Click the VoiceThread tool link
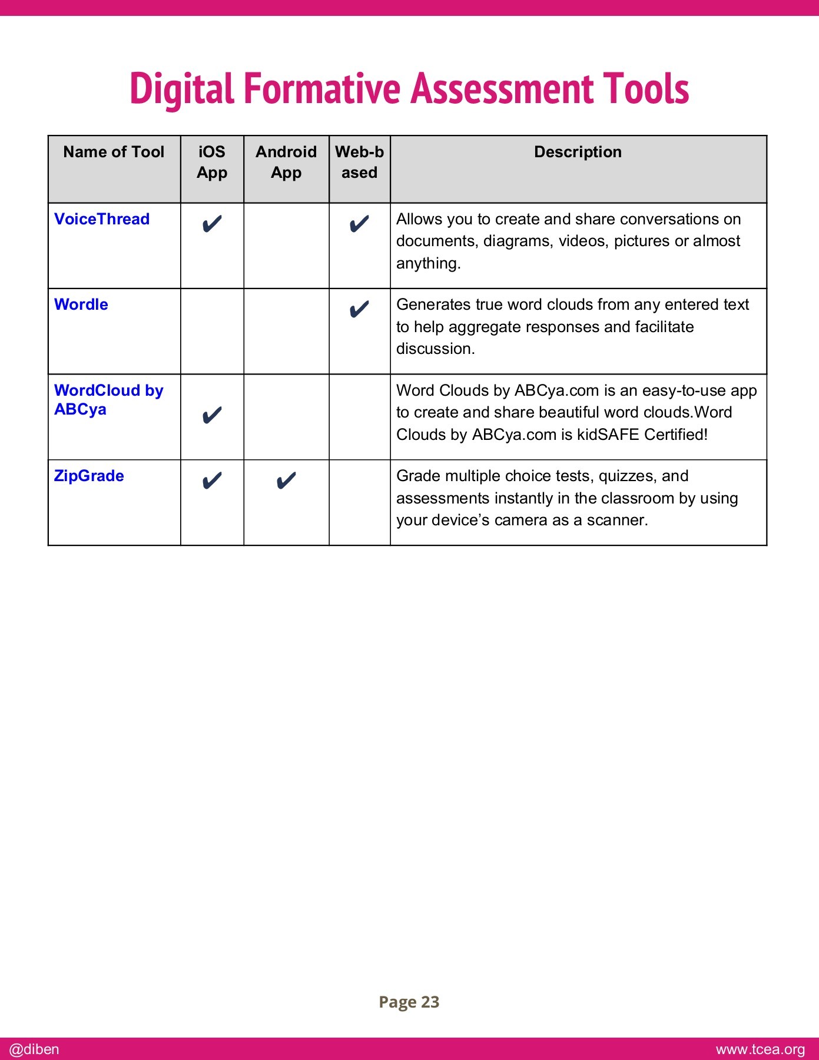pyautogui.click(x=102, y=219)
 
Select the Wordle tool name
pyautogui.click(x=81, y=304)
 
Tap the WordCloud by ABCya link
pyautogui.click(x=108, y=399)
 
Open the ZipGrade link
pyautogui.click(x=89, y=476)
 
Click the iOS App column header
pyautogui.click(x=212, y=162)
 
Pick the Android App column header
pyautogui.click(x=286, y=162)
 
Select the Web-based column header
pyautogui.click(x=359, y=162)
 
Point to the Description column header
pyautogui.click(x=578, y=152)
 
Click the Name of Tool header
pyautogui.click(x=114, y=152)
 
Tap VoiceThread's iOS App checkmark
pyautogui.click(x=212, y=224)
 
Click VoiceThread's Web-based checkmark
pyautogui.click(x=359, y=224)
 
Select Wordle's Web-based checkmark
pyautogui.click(x=359, y=309)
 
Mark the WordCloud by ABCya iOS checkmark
pyautogui.click(x=212, y=416)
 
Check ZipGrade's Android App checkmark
pyautogui.click(x=286, y=481)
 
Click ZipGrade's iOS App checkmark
pyautogui.click(x=212, y=481)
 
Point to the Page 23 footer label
pyautogui.click(x=409, y=1002)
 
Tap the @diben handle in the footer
pyautogui.click(x=34, y=1049)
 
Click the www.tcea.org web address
pyautogui.click(x=760, y=1049)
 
